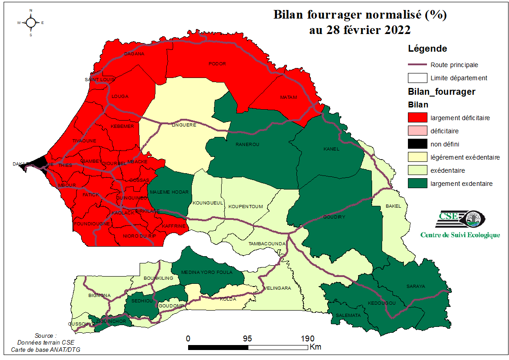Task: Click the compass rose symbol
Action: pyautogui.click(x=31, y=22)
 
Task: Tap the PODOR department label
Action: pyautogui.click(x=217, y=63)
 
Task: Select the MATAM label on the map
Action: pyautogui.click(x=288, y=97)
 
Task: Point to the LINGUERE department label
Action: pyautogui.click(x=184, y=125)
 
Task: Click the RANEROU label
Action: pyautogui.click(x=247, y=145)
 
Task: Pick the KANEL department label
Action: pyautogui.click(x=331, y=149)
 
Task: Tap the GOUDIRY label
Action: pyautogui.click(x=334, y=217)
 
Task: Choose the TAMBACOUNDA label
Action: pyautogui.click(x=267, y=244)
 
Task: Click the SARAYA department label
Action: pyautogui.click(x=416, y=286)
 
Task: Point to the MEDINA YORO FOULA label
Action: pyautogui.click(x=207, y=272)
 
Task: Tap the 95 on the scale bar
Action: pyautogui.click(x=247, y=339)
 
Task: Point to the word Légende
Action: pyautogui.click(x=427, y=49)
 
